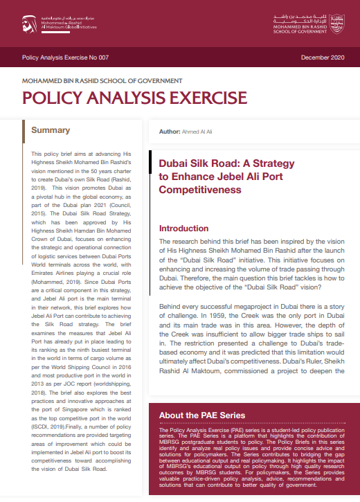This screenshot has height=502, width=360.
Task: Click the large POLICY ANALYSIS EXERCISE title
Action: tap(134, 96)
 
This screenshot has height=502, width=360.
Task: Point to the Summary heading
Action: tap(51, 130)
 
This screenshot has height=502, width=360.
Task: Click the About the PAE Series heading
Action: tap(202, 415)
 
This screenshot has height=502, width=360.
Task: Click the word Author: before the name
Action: tap(170, 131)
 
